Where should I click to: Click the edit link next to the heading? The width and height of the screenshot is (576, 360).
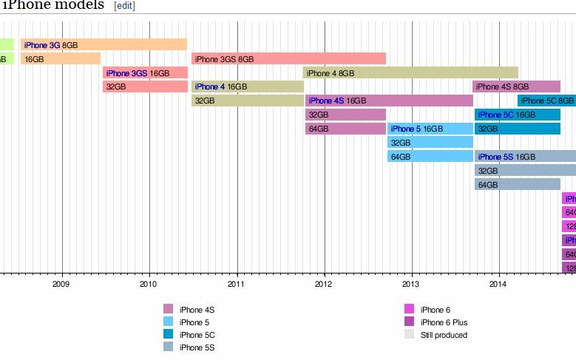(x=124, y=5)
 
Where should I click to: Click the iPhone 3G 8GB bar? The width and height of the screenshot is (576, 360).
(x=104, y=45)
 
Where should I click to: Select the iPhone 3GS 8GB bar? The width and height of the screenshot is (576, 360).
(x=288, y=59)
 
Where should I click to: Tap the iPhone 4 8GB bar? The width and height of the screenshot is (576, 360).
(x=410, y=73)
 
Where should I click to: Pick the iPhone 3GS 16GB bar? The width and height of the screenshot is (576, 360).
(x=145, y=73)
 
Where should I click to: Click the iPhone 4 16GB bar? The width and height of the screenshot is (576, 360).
(x=247, y=86)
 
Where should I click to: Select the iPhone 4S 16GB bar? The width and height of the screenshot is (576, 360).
(x=389, y=101)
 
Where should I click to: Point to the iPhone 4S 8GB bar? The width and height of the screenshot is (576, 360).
(x=516, y=86)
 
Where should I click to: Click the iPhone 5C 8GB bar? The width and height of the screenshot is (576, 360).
(x=546, y=101)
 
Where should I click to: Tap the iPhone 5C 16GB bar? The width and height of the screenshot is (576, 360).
(x=518, y=115)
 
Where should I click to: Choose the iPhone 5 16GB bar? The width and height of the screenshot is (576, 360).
(x=430, y=129)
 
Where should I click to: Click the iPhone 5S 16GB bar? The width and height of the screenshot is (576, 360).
(x=525, y=157)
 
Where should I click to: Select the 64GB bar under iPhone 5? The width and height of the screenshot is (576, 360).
(x=430, y=157)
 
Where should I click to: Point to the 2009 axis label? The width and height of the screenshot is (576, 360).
(x=61, y=283)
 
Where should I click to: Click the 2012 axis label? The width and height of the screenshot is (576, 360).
(x=324, y=283)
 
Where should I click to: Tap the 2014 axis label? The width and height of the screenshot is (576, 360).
(x=498, y=283)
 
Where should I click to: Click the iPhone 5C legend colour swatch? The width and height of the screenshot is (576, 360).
(x=169, y=334)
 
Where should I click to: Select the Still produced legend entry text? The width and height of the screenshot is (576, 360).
(x=444, y=335)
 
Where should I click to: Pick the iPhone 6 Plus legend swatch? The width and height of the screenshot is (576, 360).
(x=410, y=322)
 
